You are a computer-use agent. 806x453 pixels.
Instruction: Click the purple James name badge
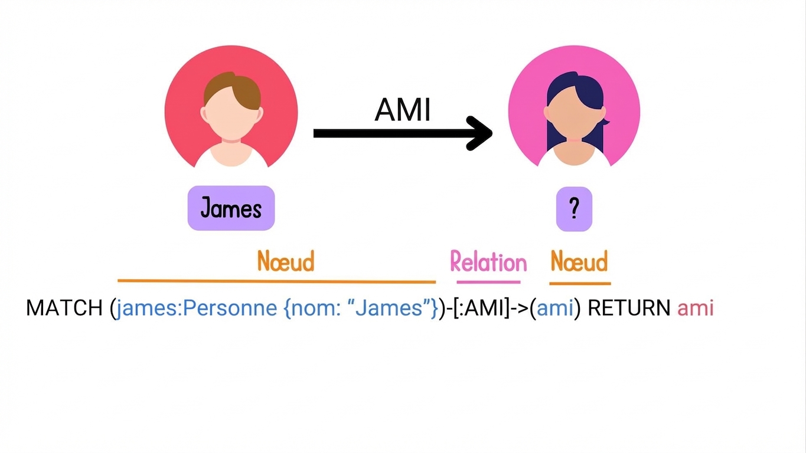231,208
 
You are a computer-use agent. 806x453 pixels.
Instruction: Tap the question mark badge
574,209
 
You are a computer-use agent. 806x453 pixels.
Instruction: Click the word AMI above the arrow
402,110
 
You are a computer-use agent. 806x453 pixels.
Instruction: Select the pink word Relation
488,261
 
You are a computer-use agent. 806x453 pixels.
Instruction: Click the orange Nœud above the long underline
286,261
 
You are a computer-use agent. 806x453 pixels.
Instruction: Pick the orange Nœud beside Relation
579,261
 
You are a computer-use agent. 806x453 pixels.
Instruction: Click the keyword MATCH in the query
64,308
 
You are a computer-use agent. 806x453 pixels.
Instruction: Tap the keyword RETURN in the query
629,308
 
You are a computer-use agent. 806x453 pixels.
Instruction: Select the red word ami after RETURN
695,308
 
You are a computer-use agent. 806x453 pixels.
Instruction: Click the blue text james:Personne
197,308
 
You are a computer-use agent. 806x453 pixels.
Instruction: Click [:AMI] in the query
481,308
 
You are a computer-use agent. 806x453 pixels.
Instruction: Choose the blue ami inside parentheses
555,308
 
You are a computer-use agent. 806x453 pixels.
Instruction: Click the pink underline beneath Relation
488,282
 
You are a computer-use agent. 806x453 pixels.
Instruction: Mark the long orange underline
277,281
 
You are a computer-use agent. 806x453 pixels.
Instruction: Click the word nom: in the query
315,308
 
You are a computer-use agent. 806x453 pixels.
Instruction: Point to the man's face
231,116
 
